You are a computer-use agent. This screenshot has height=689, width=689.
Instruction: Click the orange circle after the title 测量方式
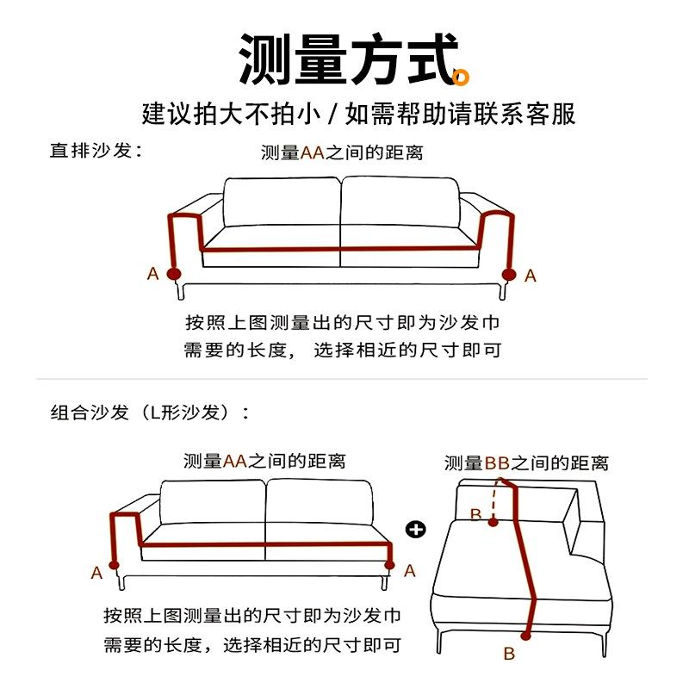[462, 78]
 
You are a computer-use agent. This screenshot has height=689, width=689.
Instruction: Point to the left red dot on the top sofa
[174, 274]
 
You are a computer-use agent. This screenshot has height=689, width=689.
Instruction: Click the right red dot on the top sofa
[508, 274]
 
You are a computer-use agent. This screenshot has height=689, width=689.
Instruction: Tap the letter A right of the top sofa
[530, 276]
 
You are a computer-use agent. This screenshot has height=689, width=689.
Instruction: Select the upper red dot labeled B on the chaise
[493, 521]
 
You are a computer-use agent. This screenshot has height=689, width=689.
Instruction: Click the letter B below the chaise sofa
[509, 654]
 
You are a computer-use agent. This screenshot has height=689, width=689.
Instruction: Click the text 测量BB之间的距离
[526, 463]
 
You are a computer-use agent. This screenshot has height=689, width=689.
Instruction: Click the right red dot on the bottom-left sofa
[389, 566]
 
